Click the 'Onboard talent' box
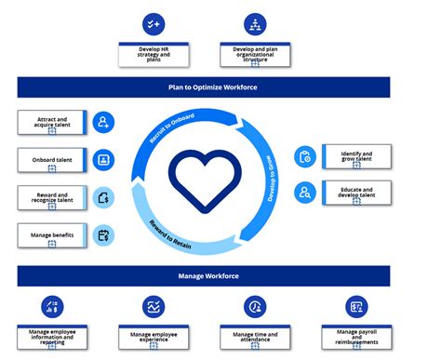[x=52, y=160]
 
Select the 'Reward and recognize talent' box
[x=52, y=197]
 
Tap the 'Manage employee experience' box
[x=154, y=338]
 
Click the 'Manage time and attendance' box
[x=255, y=338]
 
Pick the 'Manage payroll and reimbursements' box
[x=356, y=336]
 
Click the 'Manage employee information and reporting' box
[x=52, y=338]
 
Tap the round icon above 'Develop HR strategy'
[x=154, y=24]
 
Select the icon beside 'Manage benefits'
[x=104, y=234]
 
